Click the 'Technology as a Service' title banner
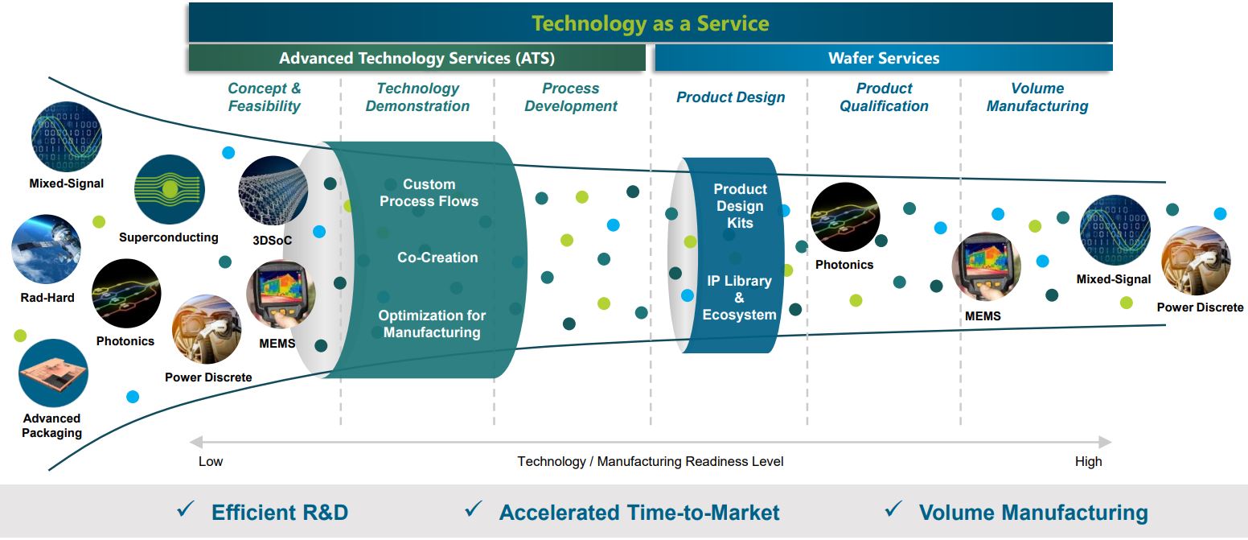pos(650,23)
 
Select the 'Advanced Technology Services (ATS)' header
pos(417,58)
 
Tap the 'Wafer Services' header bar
pos(884,58)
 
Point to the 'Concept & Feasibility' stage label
pos(264,97)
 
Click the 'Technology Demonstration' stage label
pos(417,97)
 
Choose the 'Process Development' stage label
pos(571,97)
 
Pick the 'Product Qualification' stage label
pos(884,97)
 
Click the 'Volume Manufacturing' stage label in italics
pos(1037,97)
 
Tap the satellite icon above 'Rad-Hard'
pos(46,249)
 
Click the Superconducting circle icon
pos(169,190)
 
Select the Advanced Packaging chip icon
pos(53,373)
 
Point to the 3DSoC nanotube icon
pos(273,190)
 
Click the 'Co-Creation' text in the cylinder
pos(437,258)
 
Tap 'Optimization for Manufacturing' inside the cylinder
pos(432,324)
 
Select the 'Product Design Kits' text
pos(740,206)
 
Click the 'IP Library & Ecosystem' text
pos(739,298)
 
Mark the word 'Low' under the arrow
pos(211,461)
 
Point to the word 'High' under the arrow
pos(1088,461)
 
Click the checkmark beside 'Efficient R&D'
pos(186,509)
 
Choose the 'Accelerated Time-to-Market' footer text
pos(639,513)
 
